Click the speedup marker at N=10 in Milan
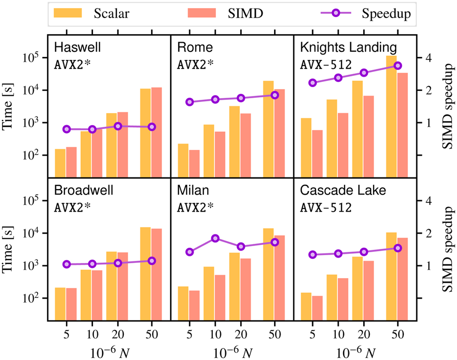tap(215, 238)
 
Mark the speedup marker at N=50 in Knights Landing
tap(397, 66)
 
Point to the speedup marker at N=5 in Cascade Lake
tap(312, 254)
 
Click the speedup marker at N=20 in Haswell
tap(118, 126)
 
